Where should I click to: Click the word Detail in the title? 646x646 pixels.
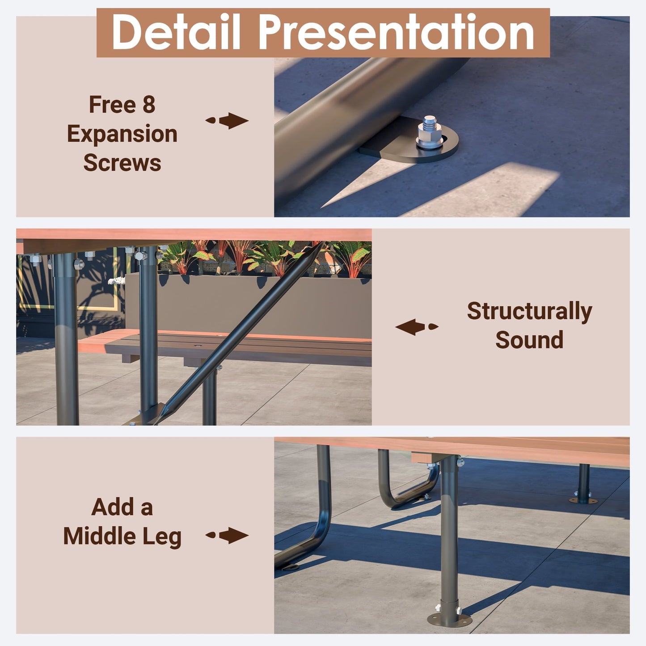176,32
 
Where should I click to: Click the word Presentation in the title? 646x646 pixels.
396,33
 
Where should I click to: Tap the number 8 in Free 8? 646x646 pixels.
149,105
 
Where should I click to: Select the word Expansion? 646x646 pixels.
122,135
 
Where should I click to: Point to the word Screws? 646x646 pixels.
122,163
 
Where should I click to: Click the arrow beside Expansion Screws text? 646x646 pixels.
227,121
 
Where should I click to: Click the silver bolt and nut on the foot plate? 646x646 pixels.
430,133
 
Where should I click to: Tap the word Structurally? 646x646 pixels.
529,312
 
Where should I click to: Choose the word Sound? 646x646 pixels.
529,340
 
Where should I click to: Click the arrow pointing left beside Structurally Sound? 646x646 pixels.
417,327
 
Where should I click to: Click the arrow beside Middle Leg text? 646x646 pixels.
227,536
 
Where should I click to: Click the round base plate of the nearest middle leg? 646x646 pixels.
450,620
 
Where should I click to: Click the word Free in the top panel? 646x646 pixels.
112,105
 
